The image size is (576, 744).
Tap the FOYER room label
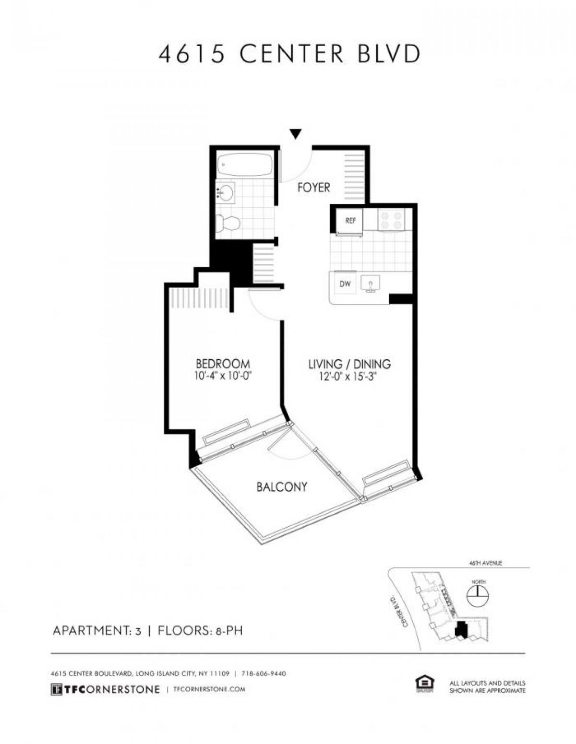click(x=313, y=188)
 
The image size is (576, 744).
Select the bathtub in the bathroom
click(x=244, y=165)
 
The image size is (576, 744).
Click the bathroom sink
click(x=225, y=192)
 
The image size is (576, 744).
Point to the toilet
click(x=227, y=223)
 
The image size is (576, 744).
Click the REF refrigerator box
click(x=350, y=221)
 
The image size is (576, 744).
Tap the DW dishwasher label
click(x=345, y=284)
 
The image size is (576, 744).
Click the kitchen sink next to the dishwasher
click(x=370, y=284)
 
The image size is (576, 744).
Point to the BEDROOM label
click(x=223, y=364)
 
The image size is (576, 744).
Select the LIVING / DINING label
click(x=349, y=364)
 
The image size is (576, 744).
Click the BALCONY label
click(x=282, y=487)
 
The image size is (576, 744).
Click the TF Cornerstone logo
click(x=105, y=689)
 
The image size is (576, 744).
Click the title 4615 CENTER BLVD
click(x=289, y=54)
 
